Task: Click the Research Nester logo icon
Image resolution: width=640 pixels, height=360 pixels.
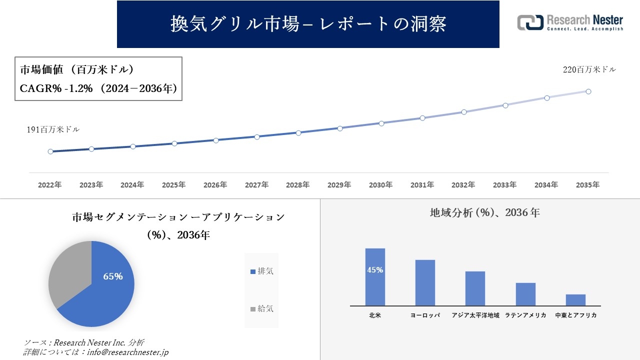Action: click(530, 22)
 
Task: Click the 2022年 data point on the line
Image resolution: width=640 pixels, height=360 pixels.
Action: click(50, 151)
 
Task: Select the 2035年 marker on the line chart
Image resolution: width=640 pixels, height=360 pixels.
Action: click(588, 91)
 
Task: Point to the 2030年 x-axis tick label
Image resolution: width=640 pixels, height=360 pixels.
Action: click(380, 185)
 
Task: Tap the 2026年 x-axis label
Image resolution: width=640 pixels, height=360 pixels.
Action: click(215, 185)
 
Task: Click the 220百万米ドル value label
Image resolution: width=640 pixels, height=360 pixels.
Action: click(589, 70)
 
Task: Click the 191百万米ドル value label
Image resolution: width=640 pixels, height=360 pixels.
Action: click(53, 129)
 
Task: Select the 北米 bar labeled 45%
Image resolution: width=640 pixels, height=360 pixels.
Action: click(375, 277)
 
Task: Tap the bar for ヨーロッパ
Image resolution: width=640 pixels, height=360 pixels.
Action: click(425, 282)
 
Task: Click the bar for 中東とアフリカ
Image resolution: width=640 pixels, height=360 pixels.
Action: click(575, 300)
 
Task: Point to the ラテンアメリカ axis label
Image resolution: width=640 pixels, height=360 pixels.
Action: click(525, 315)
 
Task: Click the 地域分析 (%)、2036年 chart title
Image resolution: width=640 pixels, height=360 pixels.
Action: click(484, 212)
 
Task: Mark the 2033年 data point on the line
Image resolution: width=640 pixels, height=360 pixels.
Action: click(505, 105)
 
